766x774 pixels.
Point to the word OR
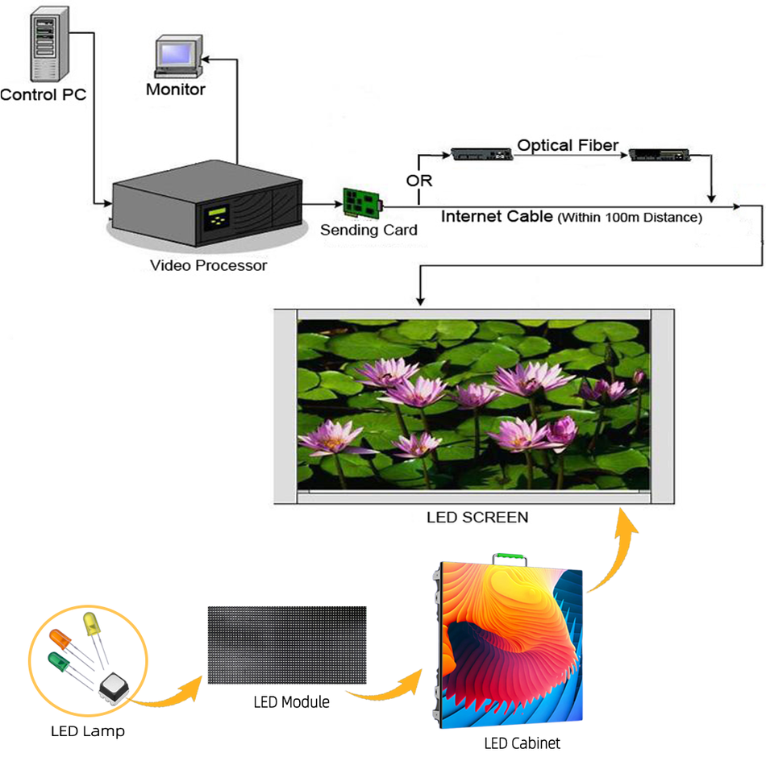(x=418, y=180)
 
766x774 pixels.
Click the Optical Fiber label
(x=568, y=146)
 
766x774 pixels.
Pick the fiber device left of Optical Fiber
(x=481, y=153)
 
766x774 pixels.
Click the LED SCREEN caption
(x=477, y=517)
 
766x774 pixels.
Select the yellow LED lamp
(x=91, y=626)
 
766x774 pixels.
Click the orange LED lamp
(x=61, y=639)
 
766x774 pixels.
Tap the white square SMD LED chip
(x=113, y=688)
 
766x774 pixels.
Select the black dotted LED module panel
(x=287, y=645)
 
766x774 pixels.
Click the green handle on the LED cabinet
(x=509, y=557)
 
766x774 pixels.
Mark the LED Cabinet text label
(x=522, y=743)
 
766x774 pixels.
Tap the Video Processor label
(x=208, y=265)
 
